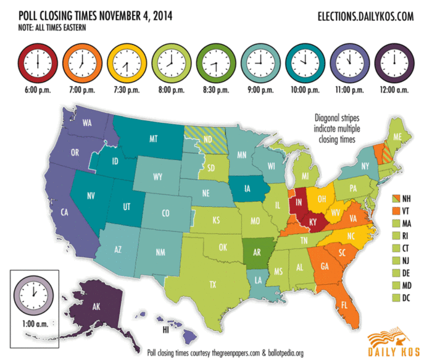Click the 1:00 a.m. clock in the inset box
pyautogui.click(x=35, y=291)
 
